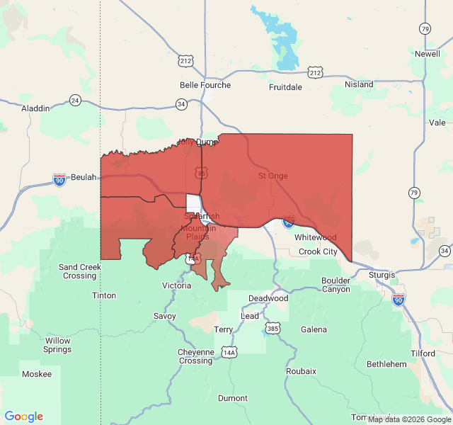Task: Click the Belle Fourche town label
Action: pyautogui.click(x=205, y=85)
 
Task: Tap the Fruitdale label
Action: pyautogui.click(x=285, y=87)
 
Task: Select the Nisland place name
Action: pyautogui.click(x=359, y=84)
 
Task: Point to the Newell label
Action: pyautogui.click(x=428, y=54)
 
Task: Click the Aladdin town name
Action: pyautogui.click(x=35, y=108)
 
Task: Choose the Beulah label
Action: pyautogui.click(x=83, y=177)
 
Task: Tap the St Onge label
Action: pyautogui.click(x=273, y=176)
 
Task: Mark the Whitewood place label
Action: pyautogui.click(x=315, y=237)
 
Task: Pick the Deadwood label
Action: pyautogui.click(x=268, y=298)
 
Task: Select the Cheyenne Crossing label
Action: pyautogui.click(x=195, y=356)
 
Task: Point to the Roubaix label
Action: pyautogui.click(x=301, y=370)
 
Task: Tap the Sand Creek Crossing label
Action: pyautogui.click(x=79, y=271)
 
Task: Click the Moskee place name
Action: pyautogui.click(x=37, y=374)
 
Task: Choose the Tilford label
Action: pyautogui.click(x=423, y=353)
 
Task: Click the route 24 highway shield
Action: pyautogui.click(x=76, y=100)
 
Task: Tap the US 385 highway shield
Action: pyautogui.click(x=273, y=328)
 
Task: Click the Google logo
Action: pyautogui.click(x=24, y=416)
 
